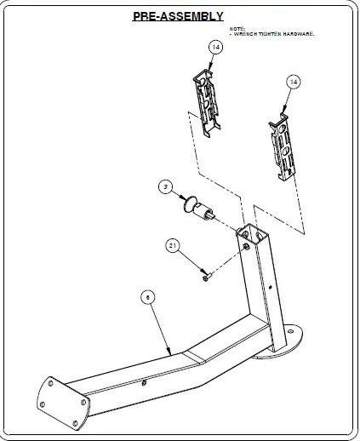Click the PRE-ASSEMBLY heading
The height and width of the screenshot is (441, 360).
click(178, 16)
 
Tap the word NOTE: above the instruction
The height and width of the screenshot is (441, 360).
click(236, 28)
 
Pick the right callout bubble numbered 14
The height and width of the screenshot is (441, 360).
click(293, 82)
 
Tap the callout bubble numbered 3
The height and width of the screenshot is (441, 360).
click(167, 185)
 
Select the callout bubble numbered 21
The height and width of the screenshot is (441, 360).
click(173, 246)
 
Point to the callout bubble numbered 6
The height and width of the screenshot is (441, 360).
click(146, 297)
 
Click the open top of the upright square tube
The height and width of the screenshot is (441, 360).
click(251, 232)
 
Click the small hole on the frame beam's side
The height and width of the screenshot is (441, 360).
click(145, 383)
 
